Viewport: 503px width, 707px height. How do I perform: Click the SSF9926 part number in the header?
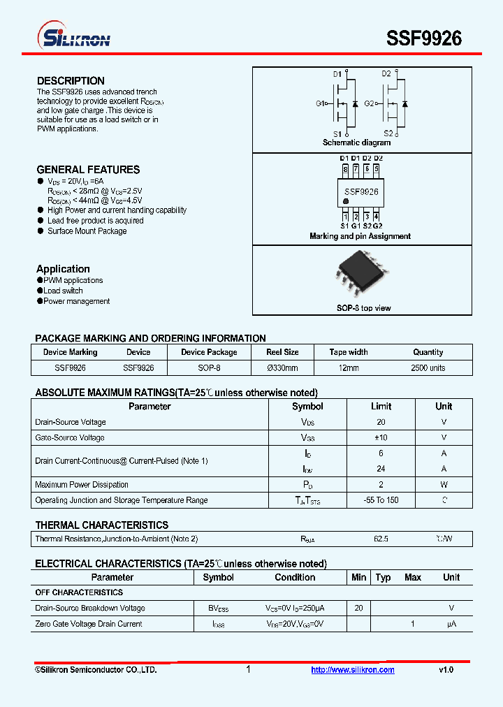pyautogui.click(x=424, y=38)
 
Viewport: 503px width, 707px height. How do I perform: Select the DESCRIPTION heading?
pyautogui.click(x=71, y=81)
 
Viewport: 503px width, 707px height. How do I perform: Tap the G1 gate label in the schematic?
pyautogui.click(x=321, y=103)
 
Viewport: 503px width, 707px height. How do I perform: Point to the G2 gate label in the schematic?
pyautogui.click(x=370, y=103)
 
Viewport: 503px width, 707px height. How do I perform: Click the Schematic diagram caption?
pyautogui.click(x=356, y=143)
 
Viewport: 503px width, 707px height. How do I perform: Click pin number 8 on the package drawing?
pyautogui.click(x=345, y=168)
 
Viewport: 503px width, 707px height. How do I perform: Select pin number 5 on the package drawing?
pyautogui.click(x=377, y=168)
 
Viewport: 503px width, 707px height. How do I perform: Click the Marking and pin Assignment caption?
pyautogui.click(x=360, y=236)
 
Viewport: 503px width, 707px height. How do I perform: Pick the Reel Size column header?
pyautogui.click(x=282, y=352)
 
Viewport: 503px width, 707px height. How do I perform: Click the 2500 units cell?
pyautogui.click(x=428, y=367)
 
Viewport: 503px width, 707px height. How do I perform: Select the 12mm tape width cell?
pyautogui.click(x=348, y=367)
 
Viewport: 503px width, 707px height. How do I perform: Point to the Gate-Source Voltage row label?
pyautogui.click(x=70, y=437)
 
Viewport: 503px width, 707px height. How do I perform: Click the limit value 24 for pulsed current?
pyautogui.click(x=381, y=469)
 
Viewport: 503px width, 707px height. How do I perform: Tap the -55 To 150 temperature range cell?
pyautogui.click(x=381, y=500)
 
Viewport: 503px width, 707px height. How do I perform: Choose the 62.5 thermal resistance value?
pyautogui.click(x=381, y=539)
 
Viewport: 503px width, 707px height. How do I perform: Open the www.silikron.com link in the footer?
pyautogui.click(x=352, y=670)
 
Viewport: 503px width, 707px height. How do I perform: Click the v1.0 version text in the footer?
pyautogui.click(x=446, y=670)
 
